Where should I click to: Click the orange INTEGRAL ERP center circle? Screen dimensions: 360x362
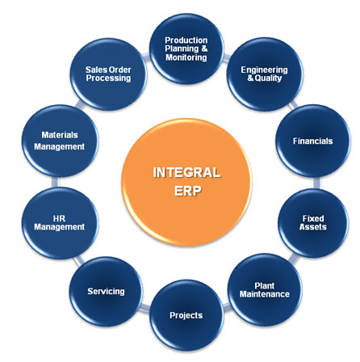[x=187, y=183]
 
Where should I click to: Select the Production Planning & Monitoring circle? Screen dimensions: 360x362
[x=186, y=48]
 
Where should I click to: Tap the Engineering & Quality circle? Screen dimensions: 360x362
[x=265, y=74]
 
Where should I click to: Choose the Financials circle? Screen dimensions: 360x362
[x=313, y=141]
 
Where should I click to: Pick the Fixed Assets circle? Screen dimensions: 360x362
[x=313, y=223]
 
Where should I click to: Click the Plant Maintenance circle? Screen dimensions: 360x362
[x=265, y=290]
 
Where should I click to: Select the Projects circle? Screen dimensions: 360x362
[x=186, y=315]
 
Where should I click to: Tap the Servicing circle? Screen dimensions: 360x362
[x=106, y=292]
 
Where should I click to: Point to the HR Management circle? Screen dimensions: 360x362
[x=60, y=223]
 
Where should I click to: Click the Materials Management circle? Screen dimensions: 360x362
[x=60, y=141]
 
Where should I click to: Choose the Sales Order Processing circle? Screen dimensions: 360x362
[x=108, y=74]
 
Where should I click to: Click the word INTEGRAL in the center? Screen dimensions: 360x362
[x=186, y=173]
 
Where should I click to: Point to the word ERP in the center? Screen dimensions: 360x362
[x=187, y=191]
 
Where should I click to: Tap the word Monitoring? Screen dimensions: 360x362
[x=186, y=57]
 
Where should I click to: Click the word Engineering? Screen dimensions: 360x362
[x=264, y=69]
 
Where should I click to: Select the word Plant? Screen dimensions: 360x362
[x=265, y=285]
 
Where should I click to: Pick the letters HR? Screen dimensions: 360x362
[x=59, y=218]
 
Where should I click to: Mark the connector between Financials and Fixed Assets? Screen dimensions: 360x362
[x=317, y=183]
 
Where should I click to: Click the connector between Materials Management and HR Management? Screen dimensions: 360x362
[x=55, y=182]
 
